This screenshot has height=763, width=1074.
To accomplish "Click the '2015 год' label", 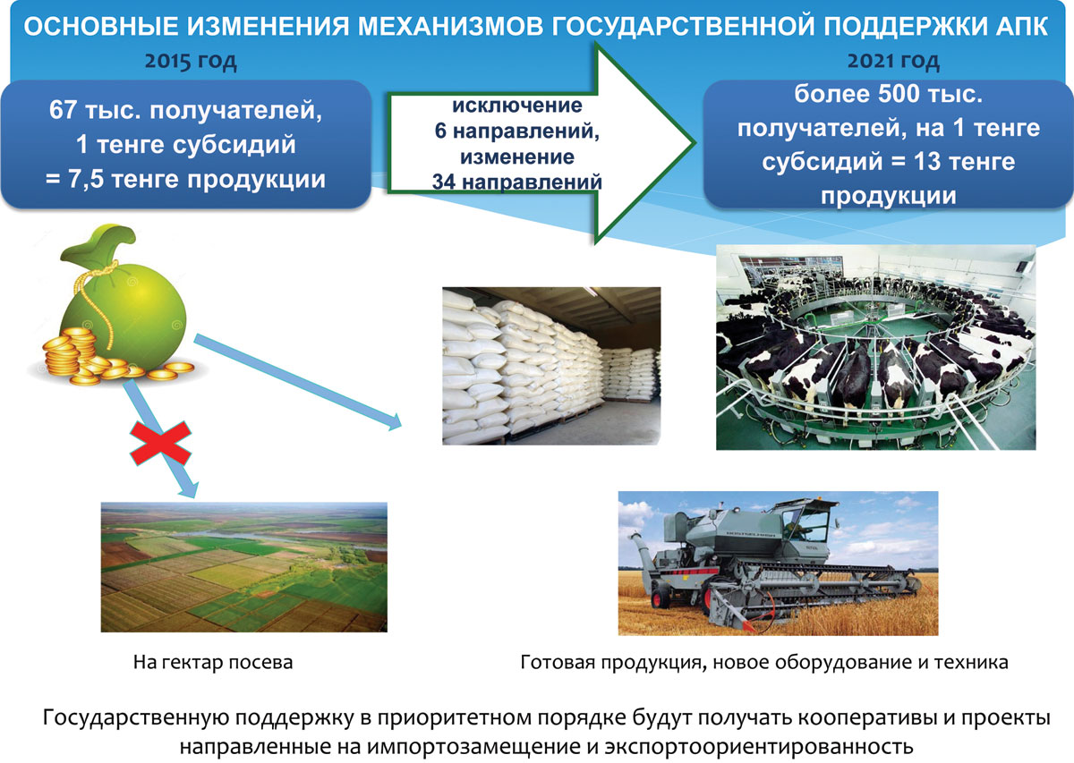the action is coord(191,62).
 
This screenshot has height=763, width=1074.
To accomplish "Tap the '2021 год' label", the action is coord(893,62).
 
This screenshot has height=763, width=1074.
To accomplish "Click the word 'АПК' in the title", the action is coord(1021,26).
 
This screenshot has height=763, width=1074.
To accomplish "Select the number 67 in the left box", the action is coord(63,110).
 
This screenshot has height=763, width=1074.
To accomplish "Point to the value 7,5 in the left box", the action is coord(85,180).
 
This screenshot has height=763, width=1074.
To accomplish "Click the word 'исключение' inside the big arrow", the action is coord(517,106).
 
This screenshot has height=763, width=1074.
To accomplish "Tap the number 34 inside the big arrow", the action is coord(443,182).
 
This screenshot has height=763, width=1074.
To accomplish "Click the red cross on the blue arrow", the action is coord(160,444).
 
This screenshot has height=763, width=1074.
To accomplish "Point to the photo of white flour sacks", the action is coord(551,366).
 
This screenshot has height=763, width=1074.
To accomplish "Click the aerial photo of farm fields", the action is coord(244,567).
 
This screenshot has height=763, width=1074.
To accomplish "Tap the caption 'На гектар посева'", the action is coord(213,662).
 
